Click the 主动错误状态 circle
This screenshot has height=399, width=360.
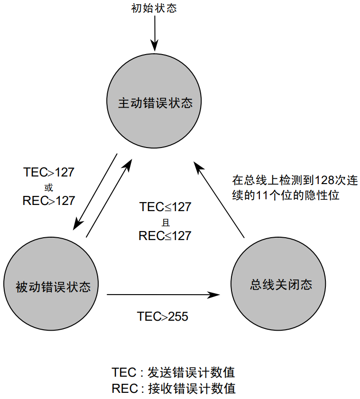pyautogui.click(x=155, y=102)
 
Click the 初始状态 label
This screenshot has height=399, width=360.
pyautogui.click(x=154, y=8)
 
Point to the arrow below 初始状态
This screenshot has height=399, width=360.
pyautogui.click(x=154, y=33)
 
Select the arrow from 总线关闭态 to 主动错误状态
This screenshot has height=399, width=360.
pyautogui.click(x=220, y=200)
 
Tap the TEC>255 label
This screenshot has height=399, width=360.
pyautogui.click(x=163, y=316)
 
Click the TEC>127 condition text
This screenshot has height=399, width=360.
pyautogui.click(x=49, y=172)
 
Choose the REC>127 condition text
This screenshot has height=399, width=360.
pyautogui.click(x=49, y=201)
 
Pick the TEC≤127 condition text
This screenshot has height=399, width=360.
pyautogui.click(x=165, y=207)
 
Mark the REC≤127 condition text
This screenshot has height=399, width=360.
pyautogui.click(x=165, y=235)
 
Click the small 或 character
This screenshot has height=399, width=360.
pyautogui.click(x=49, y=186)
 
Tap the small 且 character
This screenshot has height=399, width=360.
pyautogui.click(x=165, y=222)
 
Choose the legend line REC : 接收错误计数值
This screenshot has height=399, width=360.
pyautogui.click(x=174, y=389)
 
